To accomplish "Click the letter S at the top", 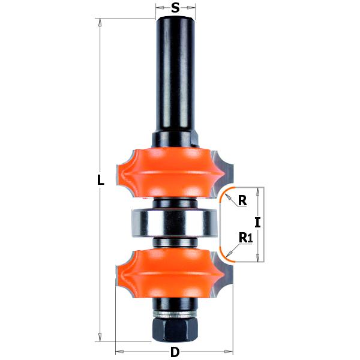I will pyautogui.click(x=175, y=8).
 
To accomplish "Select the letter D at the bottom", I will pyautogui.click(x=175, y=351).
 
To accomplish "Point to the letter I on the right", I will pyautogui.click(x=257, y=223).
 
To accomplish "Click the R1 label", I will pyautogui.click(x=245, y=238).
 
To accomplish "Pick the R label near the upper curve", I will pyautogui.click(x=242, y=201).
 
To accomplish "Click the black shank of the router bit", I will pyautogui.click(x=175, y=72).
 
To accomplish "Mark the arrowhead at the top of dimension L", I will pyautogui.click(x=101, y=22).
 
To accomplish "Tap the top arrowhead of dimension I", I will pyautogui.click(x=258, y=190).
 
